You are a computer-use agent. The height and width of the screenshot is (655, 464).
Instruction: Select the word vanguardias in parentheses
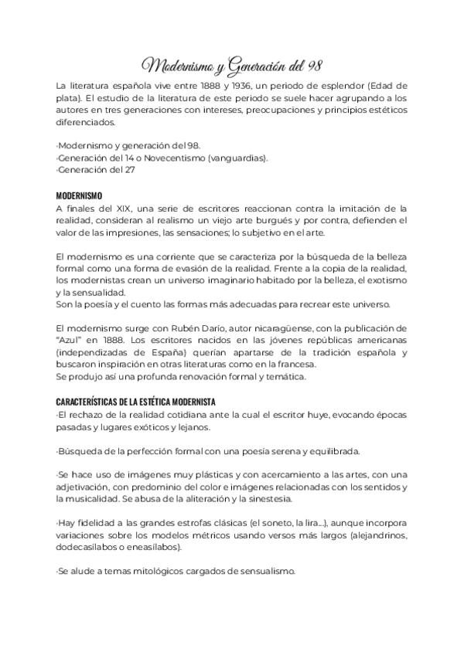(x=239, y=158)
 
